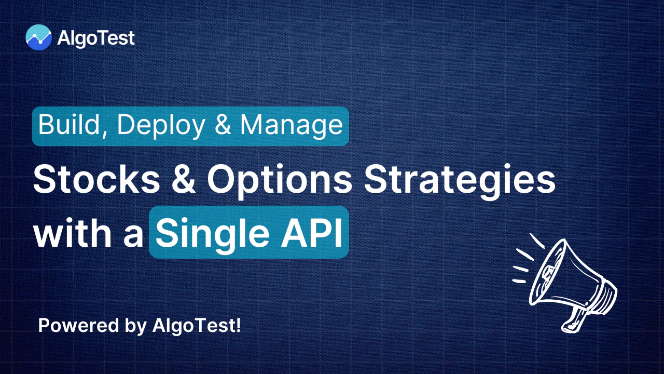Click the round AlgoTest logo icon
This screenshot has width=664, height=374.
click(x=38, y=37)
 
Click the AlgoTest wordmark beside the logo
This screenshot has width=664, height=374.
click(x=96, y=38)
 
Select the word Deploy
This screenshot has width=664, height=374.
click(x=161, y=126)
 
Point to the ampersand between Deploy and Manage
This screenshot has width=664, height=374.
click(x=223, y=125)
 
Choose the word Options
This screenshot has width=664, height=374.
click(x=280, y=181)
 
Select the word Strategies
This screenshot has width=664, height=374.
click(x=460, y=181)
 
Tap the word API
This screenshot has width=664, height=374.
click(x=311, y=233)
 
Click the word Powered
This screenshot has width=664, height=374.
click(x=78, y=325)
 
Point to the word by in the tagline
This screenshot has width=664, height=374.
click(x=135, y=326)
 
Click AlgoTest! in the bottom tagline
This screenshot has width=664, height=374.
click(x=197, y=326)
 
